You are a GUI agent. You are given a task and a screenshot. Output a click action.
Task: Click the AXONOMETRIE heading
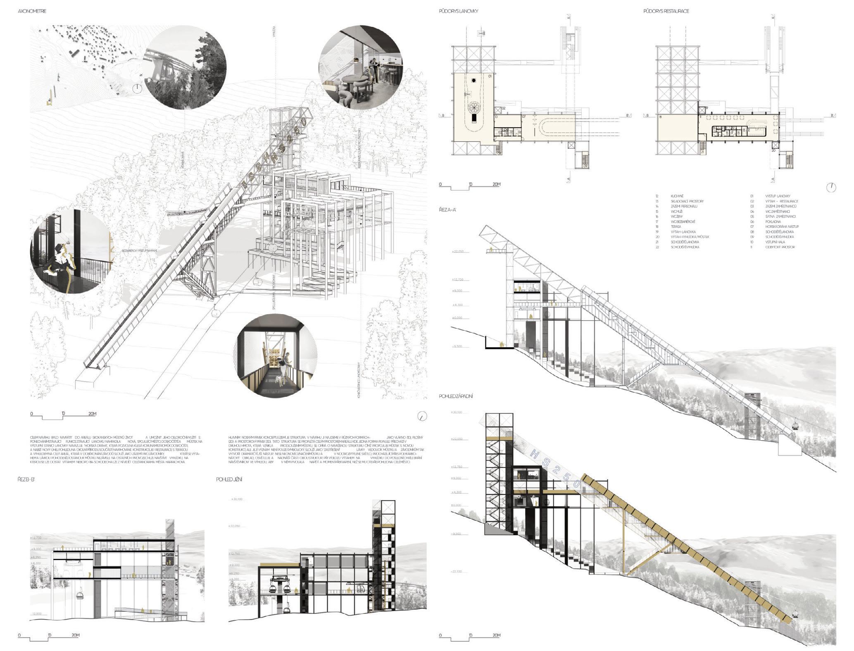(x=32, y=11)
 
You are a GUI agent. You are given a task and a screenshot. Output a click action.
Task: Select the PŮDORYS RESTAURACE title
(x=666, y=11)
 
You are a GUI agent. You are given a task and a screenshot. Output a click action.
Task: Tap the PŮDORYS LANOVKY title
(x=458, y=11)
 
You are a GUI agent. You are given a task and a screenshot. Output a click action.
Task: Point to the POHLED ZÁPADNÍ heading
(x=456, y=396)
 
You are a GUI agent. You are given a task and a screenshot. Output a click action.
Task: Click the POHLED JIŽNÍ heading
(x=229, y=479)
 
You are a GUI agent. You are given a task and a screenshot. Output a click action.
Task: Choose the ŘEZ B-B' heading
(x=28, y=479)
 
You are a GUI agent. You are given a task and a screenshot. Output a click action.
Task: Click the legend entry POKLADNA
(x=773, y=222)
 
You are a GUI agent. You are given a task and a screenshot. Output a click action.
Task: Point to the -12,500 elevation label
(x=36, y=614)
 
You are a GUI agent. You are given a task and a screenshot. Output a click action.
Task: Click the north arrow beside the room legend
(x=831, y=187)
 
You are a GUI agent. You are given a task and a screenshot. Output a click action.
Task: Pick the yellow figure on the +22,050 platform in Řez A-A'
(x=490, y=249)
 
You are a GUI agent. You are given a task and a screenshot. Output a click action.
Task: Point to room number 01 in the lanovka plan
(x=490, y=76)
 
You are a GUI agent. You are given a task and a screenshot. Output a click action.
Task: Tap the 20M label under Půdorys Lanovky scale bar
(x=496, y=184)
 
